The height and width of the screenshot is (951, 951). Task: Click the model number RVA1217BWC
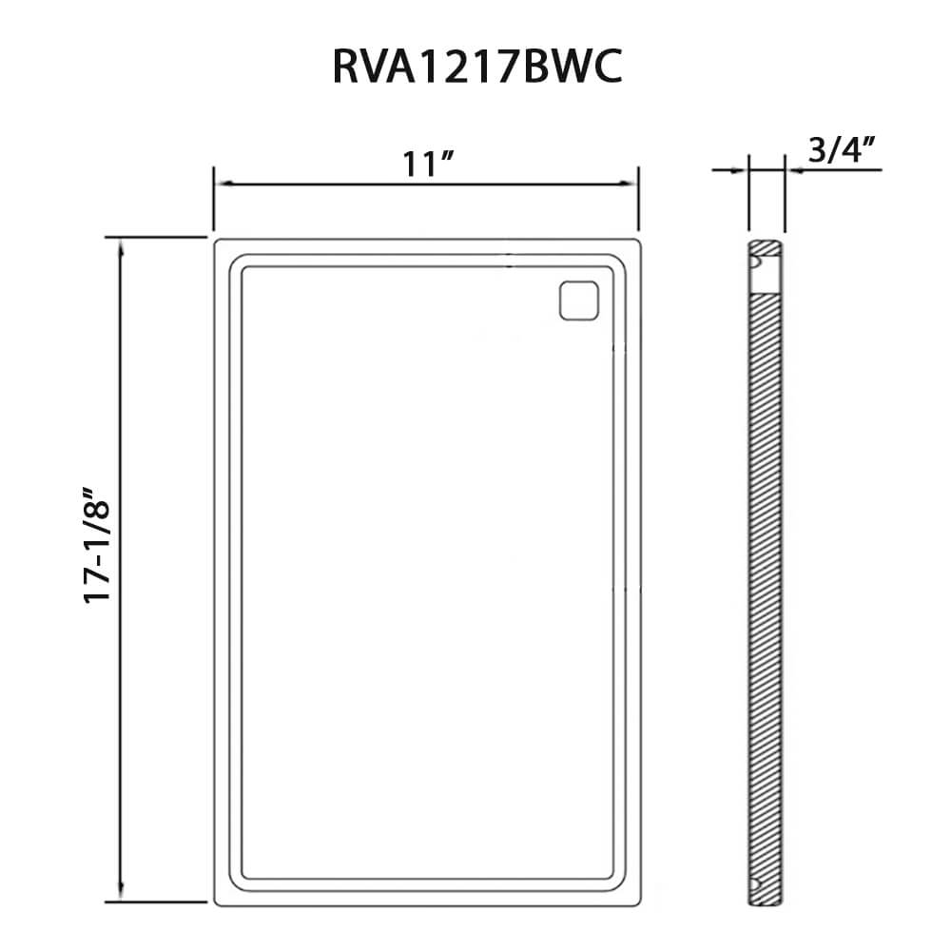click(x=477, y=67)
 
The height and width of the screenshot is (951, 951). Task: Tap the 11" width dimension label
click(x=428, y=164)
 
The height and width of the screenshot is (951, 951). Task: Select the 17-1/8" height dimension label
click(x=97, y=543)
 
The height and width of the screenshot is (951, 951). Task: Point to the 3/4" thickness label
click(x=843, y=150)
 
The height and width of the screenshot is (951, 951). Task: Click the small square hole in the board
click(x=578, y=301)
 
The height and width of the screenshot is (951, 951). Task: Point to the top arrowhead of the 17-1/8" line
click(x=122, y=248)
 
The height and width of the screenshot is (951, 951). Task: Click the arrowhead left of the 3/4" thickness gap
click(x=741, y=170)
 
